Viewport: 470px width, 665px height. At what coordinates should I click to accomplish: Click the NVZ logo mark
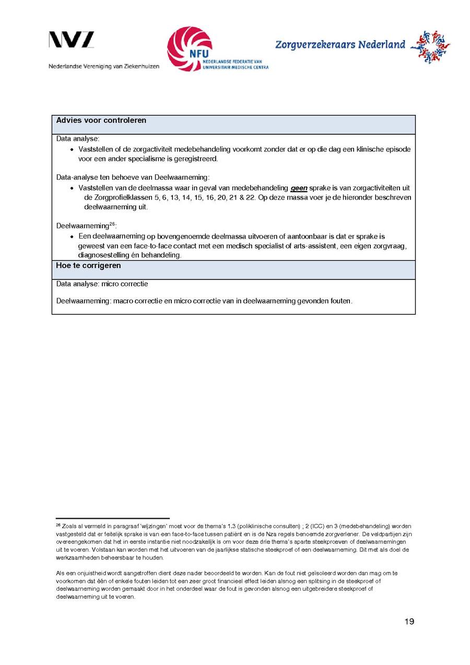click(x=72, y=40)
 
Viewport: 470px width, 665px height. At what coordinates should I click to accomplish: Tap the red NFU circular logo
click(x=189, y=49)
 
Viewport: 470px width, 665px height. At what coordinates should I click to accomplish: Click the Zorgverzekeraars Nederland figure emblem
click(x=430, y=46)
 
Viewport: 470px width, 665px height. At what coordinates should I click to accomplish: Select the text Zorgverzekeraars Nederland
click(x=340, y=45)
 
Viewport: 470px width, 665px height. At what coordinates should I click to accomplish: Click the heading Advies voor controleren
click(x=101, y=121)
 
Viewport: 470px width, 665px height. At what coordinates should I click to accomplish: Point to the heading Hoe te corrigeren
click(x=88, y=265)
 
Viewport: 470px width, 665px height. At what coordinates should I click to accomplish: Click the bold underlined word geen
click(x=299, y=188)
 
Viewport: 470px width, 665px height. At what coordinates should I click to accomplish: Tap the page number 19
click(x=409, y=621)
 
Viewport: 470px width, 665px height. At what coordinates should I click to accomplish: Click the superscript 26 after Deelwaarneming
click(x=112, y=224)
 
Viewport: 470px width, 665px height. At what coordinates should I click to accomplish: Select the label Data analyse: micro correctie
click(x=102, y=284)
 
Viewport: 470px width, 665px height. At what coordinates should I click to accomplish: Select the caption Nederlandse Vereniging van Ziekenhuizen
click(x=104, y=66)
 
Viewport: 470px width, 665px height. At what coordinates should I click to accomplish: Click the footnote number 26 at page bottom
click(x=58, y=524)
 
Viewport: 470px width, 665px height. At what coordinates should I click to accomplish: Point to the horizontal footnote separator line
click(x=113, y=518)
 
